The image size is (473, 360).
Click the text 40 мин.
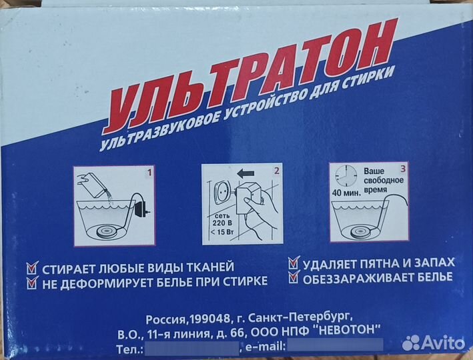(x=346, y=195)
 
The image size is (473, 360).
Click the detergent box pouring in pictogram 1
(x=94, y=181)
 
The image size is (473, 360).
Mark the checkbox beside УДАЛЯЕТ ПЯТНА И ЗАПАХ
(x=293, y=263)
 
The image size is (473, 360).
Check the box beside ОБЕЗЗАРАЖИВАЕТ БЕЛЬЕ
(x=293, y=276)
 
